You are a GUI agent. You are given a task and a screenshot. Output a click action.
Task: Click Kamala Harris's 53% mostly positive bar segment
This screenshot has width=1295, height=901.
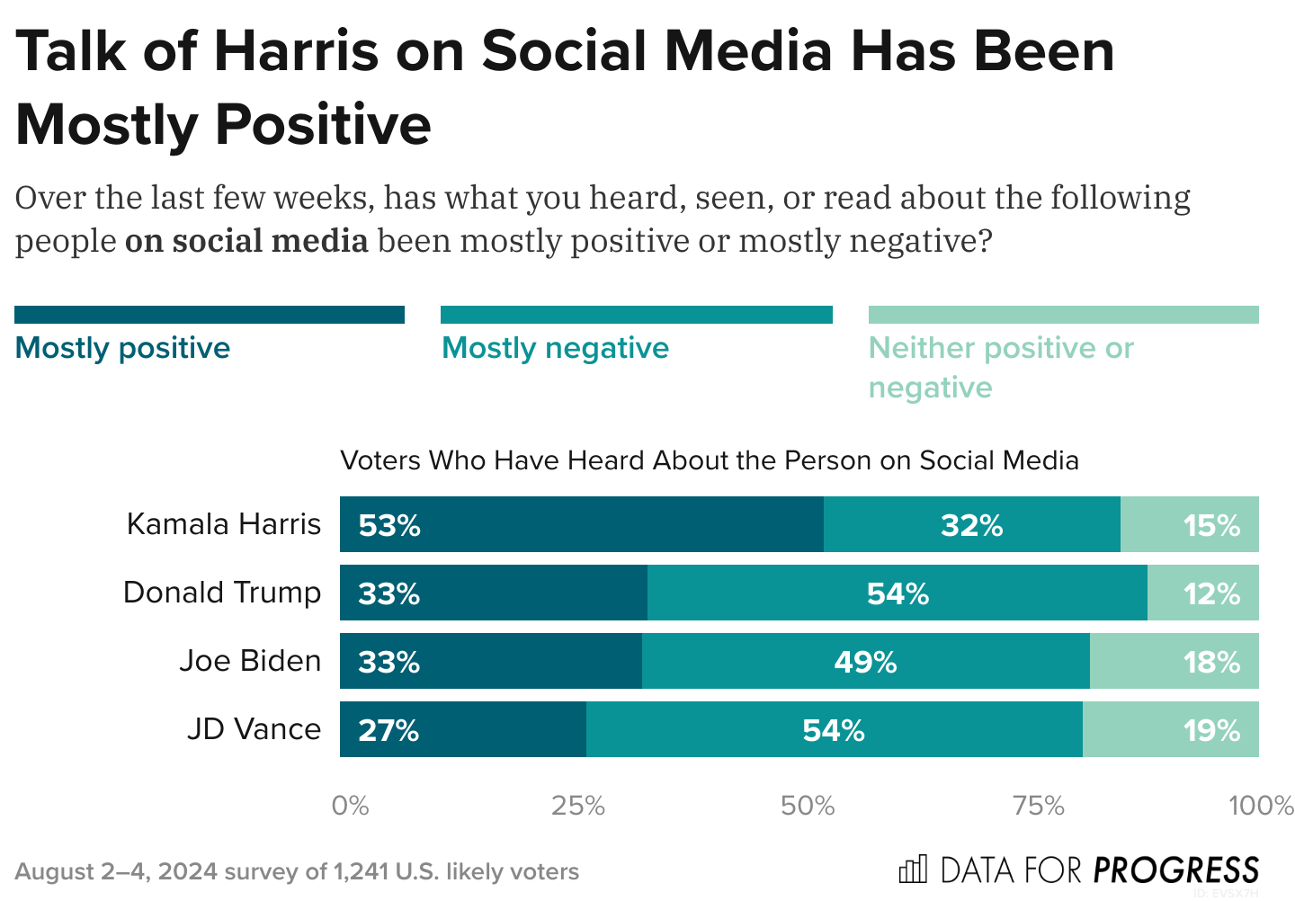581,524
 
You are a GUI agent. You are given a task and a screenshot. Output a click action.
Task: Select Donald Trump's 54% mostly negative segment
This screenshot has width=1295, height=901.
897,593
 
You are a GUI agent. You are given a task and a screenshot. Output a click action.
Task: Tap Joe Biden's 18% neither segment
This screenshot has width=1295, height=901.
1174,661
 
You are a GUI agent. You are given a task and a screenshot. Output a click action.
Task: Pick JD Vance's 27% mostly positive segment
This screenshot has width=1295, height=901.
462,729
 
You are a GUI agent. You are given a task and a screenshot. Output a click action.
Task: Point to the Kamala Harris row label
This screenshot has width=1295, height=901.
223,524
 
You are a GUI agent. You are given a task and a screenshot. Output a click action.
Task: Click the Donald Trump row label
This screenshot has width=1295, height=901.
221,593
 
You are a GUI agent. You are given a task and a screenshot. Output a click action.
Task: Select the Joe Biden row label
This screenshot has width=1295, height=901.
249,661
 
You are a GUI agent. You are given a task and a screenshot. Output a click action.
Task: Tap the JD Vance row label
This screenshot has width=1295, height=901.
254,729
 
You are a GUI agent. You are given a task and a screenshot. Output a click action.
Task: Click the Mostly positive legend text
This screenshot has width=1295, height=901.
123,348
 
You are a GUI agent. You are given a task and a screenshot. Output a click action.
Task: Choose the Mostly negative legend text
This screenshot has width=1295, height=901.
555,348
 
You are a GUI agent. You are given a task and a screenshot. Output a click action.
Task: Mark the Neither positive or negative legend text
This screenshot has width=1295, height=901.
1000,367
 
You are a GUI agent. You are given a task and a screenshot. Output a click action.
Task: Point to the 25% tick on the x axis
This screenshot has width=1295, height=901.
577,806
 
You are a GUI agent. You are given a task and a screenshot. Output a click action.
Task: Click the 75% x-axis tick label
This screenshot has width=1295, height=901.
1038,806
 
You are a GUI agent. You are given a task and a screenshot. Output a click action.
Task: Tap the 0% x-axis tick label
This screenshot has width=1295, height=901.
350,806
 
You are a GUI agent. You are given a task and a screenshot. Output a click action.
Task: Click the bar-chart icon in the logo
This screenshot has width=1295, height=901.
912,870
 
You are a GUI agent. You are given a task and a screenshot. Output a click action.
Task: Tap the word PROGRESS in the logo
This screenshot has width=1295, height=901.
1176,870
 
